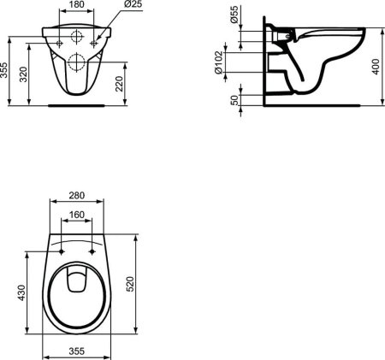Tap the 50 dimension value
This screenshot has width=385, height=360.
[234, 99]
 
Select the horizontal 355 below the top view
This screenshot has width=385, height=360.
[76, 351]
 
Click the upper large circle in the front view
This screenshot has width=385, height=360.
[76, 38]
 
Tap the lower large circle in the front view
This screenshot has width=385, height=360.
[76, 61]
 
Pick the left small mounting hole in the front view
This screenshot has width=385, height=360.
[59, 39]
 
